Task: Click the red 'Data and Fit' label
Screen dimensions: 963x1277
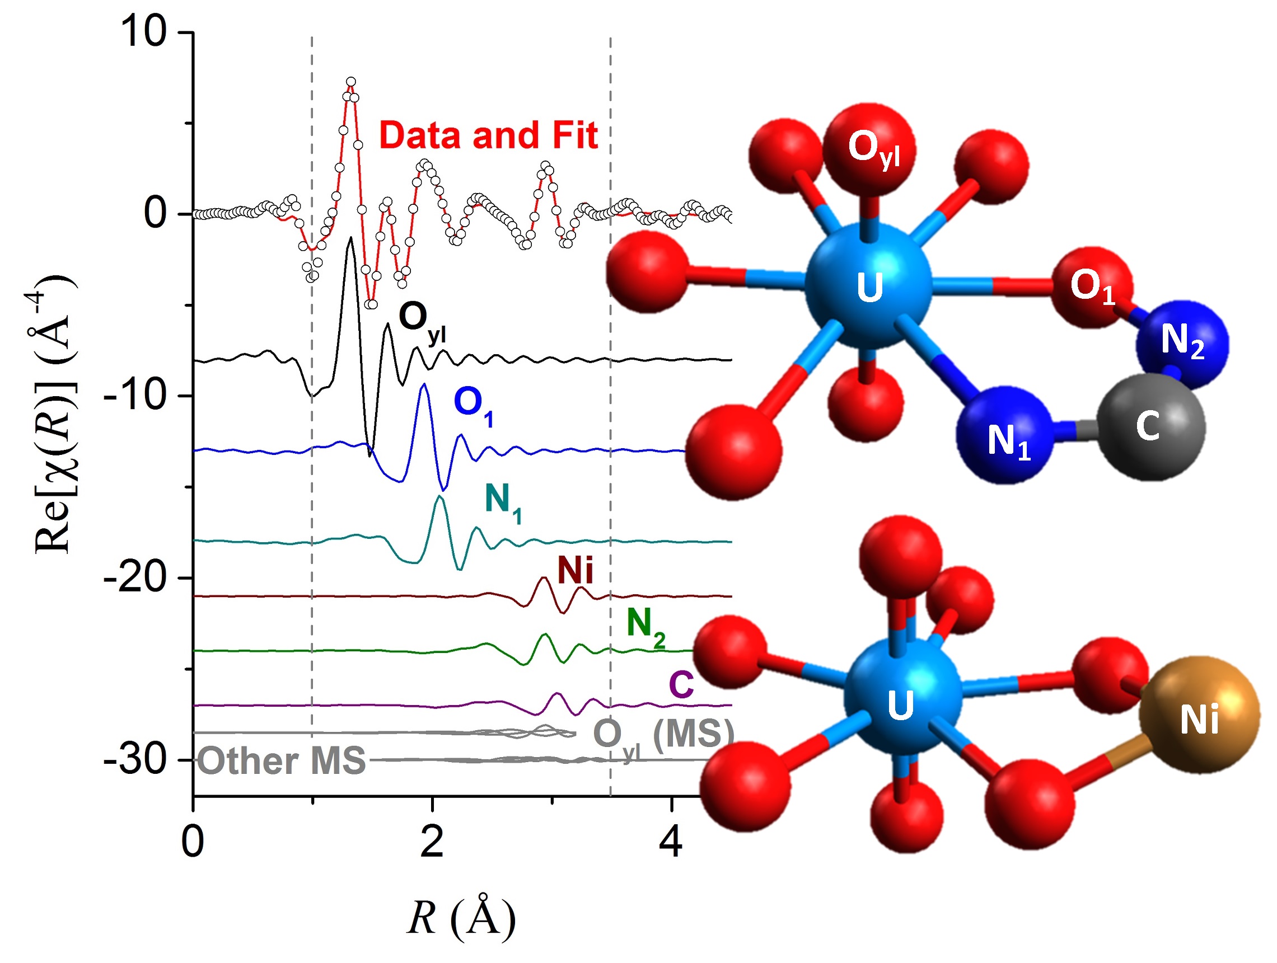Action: click(x=488, y=135)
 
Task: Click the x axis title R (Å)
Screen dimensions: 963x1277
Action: click(x=461, y=917)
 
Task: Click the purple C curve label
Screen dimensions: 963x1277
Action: click(x=681, y=685)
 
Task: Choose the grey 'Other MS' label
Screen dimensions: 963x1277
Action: click(x=282, y=760)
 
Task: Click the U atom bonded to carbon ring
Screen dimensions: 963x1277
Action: click(x=869, y=285)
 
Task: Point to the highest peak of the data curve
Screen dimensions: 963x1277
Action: click(x=351, y=82)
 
